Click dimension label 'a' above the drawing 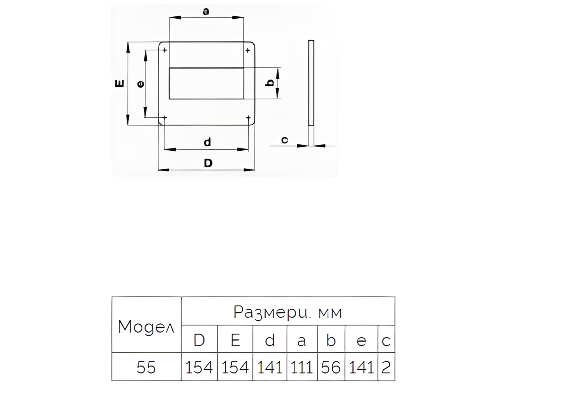(x=206, y=11)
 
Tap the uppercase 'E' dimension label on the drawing (x=119, y=84)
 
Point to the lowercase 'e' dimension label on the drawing (x=140, y=84)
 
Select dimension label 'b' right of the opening (x=270, y=83)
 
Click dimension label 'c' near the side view (x=284, y=140)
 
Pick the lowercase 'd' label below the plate (x=207, y=142)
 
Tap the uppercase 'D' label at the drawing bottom (x=208, y=163)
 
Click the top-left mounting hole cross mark (x=164, y=50)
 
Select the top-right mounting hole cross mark (x=248, y=51)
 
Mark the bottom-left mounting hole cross (x=165, y=117)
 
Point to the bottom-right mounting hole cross (x=248, y=117)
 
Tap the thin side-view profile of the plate (x=311, y=83)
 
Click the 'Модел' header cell (x=146, y=327)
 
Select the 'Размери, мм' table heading (x=288, y=312)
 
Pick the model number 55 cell (x=146, y=367)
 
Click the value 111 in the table (x=301, y=367)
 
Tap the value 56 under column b (x=331, y=367)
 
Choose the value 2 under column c (x=386, y=367)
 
